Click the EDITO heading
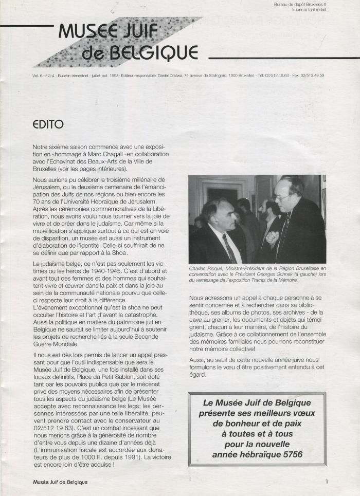point(48,124)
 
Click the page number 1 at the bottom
point(327,482)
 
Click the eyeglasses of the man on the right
point(283,196)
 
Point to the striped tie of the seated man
point(229,249)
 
